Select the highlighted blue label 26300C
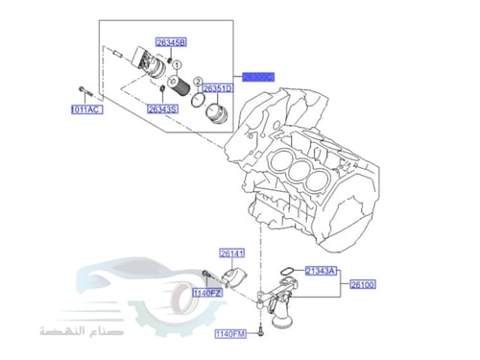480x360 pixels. tap(258, 76)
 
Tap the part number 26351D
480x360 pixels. tap(217, 88)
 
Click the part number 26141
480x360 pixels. tap(232, 253)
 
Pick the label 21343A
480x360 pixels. tap(321, 272)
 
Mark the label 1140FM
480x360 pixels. tap(230, 333)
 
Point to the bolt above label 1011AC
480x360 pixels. tap(83, 92)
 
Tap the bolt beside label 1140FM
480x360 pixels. tap(259, 326)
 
